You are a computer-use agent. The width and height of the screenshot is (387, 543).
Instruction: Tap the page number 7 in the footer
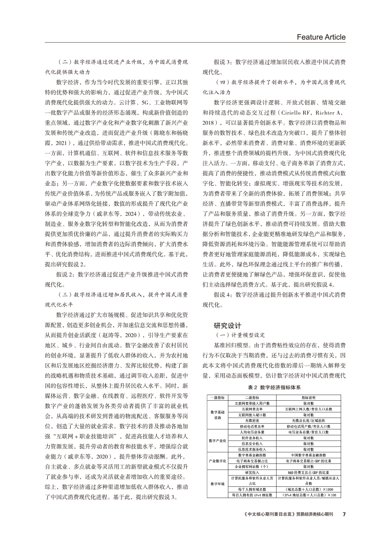pos(344,526)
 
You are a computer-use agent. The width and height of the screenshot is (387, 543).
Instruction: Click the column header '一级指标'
pos(217,397)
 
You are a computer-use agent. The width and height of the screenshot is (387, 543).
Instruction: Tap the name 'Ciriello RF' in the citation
pos(294,113)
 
